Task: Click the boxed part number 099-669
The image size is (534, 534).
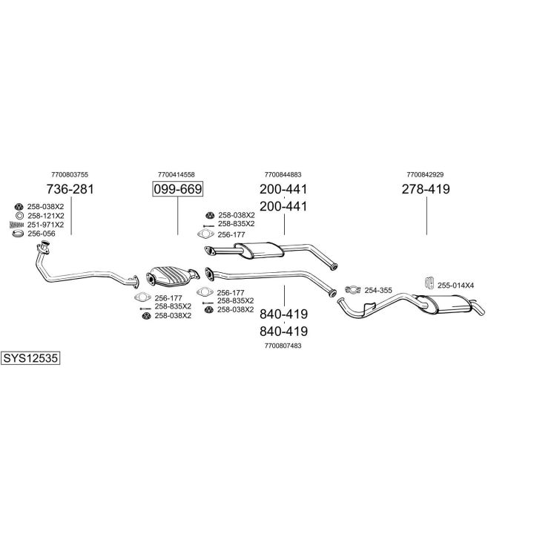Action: (177, 189)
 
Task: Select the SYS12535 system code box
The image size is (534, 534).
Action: (30, 357)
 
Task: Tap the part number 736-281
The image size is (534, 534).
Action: (70, 189)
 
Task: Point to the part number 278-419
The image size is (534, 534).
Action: (426, 189)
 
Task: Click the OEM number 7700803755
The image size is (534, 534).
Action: (70, 174)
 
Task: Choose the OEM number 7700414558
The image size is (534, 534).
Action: (177, 174)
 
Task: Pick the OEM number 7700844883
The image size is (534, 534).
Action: (283, 174)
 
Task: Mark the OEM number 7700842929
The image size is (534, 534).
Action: (425, 174)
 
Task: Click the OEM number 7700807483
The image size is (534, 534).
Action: (283, 345)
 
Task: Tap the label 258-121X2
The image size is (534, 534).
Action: (45, 215)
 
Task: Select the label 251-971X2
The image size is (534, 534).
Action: (45, 224)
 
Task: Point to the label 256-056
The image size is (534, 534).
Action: (42, 234)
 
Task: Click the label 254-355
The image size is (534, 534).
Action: (378, 290)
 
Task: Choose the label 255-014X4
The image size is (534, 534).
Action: (456, 285)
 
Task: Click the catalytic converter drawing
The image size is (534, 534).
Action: (173, 277)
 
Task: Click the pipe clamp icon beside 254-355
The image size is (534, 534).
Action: (352, 289)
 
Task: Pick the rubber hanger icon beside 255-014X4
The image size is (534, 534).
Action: (428, 283)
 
